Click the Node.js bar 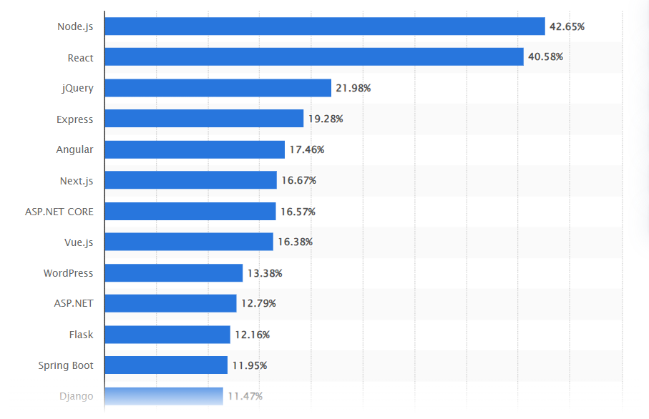(324, 26)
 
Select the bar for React (313, 57)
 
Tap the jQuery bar (218, 88)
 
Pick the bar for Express (204, 119)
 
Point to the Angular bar (195, 149)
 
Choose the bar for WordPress (173, 273)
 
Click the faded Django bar (163, 396)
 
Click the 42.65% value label (567, 26)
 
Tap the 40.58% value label (545, 57)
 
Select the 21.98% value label (353, 88)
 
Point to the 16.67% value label (298, 180)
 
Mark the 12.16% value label (252, 335)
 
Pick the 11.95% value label (249, 365)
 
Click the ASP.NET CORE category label (59, 212)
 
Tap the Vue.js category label (78, 242)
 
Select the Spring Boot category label (66, 365)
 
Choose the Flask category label (81, 335)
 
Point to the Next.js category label (77, 180)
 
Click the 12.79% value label (258, 304)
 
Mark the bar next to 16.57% (190, 212)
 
